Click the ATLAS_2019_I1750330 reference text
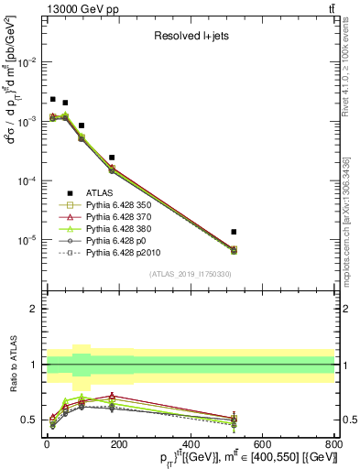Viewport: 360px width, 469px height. [191, 274]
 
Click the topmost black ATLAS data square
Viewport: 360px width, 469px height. [53, 99]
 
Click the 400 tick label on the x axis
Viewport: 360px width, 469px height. [190, 446]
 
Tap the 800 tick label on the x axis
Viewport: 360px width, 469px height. [334, 446]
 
